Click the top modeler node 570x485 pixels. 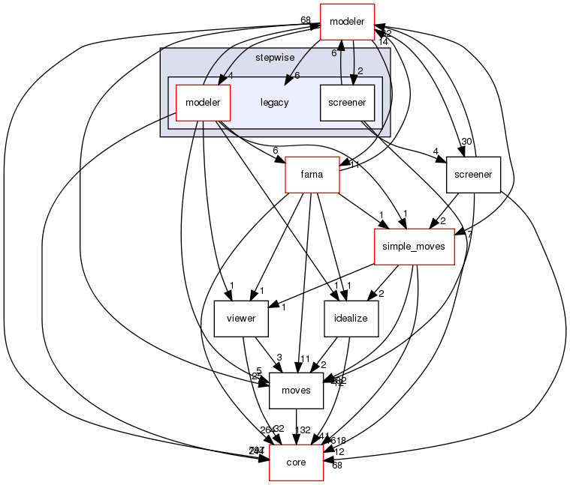click(x=347, y=22)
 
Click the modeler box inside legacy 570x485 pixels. click(x=202, y=102)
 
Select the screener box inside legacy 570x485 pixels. click(x=346, y=102)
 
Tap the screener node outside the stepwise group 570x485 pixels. click(x=473, y=175)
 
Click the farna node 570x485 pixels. click(x=312, y=175)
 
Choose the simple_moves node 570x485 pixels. click(x=415, y=247)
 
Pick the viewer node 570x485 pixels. click(x=241, y=319)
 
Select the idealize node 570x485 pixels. click(x=351, y=319)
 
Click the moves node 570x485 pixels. click(x=296, y=391)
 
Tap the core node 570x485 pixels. click(x=296, y=463)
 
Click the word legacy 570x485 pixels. click(x=274, y=103)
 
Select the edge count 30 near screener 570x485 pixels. click(x=466, y=142)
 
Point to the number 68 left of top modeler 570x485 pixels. click(x=306, y=19)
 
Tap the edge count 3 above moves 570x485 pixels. click(x=279, y=358)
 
